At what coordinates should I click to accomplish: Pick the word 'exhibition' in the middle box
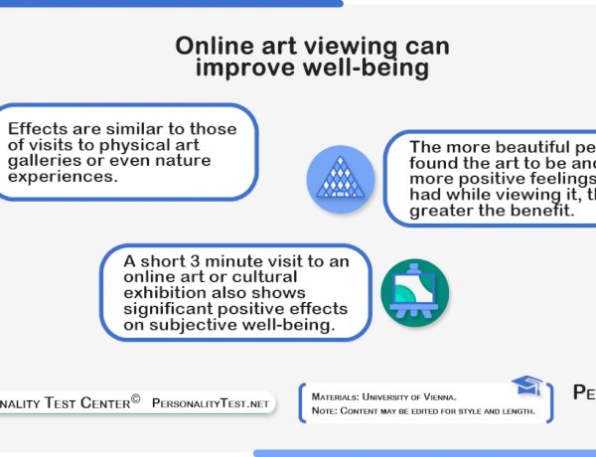tap(166, 293)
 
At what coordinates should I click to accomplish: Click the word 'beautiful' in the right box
tap(499, 146)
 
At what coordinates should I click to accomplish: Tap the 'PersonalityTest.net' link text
tap(211, 404)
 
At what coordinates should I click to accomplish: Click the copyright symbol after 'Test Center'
tap(136, 401)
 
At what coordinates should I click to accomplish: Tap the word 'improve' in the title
tap(239, 69)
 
